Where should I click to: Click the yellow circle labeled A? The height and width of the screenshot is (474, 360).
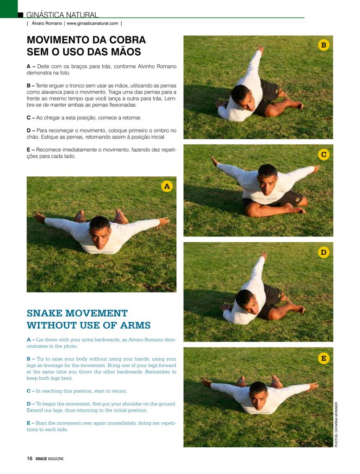tap(167, 186)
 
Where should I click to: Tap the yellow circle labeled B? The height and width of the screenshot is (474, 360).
tap(323, 45)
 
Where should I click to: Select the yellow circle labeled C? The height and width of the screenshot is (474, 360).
tap(323, 155)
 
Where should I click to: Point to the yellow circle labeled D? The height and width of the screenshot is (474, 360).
tap(323, 252)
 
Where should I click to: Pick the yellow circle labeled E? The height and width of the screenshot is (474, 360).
tap(323, 358)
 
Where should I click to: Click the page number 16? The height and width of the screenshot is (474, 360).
tap(29, 459)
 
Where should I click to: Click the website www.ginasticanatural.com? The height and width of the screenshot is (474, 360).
tap(92, 23)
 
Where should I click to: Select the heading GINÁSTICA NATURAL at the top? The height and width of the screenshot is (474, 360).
tap(62, 15)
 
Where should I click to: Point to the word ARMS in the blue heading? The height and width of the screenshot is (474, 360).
tap(134, 325)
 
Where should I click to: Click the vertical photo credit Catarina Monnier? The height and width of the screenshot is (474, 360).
tap(336, 424)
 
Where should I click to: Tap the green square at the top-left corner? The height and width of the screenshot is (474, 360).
tap(8, 8)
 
